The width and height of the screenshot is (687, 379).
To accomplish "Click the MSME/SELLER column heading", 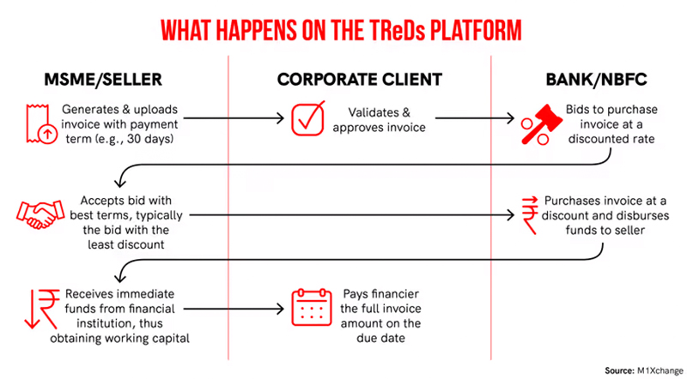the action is click(103, 80).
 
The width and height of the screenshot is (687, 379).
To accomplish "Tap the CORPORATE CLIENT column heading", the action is click(359, 80).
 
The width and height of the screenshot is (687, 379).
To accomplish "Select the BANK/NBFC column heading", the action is click(596, 80).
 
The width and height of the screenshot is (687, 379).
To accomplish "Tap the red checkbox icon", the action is click(308, 118).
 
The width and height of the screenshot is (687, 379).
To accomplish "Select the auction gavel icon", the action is click(542, 124).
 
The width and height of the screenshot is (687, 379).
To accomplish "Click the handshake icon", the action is click(40, 215).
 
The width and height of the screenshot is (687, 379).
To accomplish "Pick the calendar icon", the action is click(312, 307).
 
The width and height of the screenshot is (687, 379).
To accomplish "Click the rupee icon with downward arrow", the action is click(42, 309).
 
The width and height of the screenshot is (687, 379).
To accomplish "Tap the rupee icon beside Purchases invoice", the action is click(530, 215).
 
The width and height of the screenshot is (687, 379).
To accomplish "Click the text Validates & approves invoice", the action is click(380, 120).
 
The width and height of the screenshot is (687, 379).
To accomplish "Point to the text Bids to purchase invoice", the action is click(611, 117).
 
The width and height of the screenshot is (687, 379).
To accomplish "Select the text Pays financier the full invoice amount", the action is click(380, 309).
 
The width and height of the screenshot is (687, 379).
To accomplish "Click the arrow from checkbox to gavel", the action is click(475, 118).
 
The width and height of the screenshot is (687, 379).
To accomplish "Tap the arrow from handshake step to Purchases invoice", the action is click(352, 215).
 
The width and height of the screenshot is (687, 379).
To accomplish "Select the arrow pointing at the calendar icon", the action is click(234, 309).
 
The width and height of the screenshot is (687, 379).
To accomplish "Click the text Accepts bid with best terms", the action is click(125, 208).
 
